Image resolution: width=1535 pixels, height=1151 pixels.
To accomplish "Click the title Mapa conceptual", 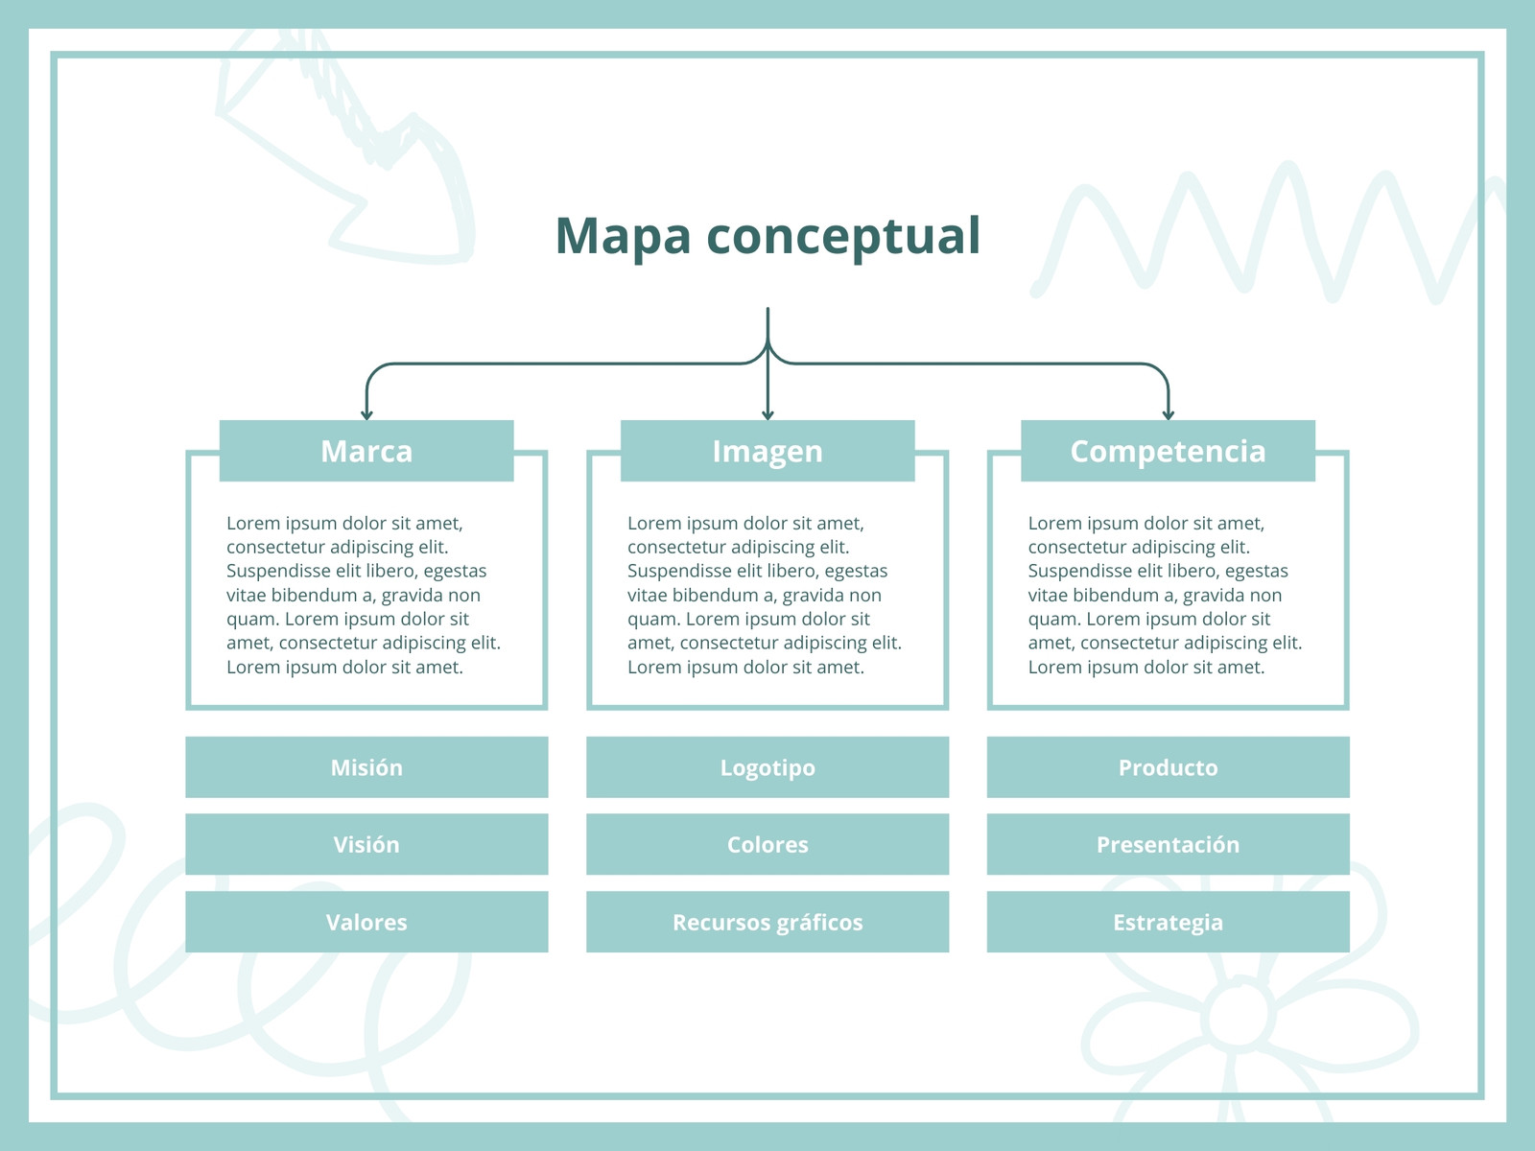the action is (x=767, y=236).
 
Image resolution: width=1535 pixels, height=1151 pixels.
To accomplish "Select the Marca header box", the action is (x=366, y=451).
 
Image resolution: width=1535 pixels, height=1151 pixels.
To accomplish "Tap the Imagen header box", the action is (x=767, y=451).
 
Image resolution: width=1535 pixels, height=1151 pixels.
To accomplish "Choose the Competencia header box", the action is (x=1168, y=451).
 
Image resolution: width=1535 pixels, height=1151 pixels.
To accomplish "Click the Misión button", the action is (x=366, y=766).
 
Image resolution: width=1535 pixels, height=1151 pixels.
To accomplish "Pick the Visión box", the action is (x=366, y=844).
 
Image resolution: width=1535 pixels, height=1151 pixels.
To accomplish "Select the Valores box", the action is (x=366, y=922).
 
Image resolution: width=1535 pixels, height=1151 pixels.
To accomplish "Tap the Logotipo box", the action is (x=767, y=766).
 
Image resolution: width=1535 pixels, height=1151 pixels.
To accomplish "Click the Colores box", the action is (x=767, y=844).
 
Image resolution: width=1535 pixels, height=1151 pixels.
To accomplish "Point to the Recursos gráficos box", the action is (x=767, y=922).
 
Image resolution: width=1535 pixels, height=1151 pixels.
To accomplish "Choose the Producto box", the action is (x=1168, y=766).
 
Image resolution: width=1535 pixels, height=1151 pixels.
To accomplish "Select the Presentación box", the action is (x=1168, y=844).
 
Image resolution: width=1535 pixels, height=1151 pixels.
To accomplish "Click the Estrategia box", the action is (x=1168, y=922).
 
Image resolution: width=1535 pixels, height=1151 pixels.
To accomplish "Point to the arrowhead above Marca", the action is (x=366, y=415).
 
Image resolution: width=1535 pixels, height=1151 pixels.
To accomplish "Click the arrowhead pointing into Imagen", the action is (x=767, y=415).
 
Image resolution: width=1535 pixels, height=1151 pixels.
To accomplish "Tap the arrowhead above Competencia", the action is (x=1168, y=415).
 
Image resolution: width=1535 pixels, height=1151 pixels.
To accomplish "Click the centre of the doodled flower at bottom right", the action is (x=1239, y=1015).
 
